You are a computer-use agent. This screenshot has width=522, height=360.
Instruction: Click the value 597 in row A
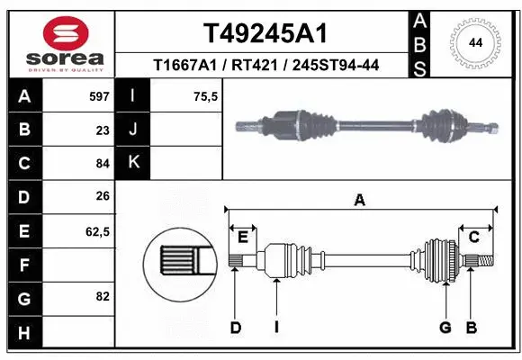(99, 95)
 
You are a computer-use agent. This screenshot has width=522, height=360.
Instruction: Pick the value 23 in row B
(103, 130)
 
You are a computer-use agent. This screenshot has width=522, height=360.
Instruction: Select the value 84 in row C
(103, 164)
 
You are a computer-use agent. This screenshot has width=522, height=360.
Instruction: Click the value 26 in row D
(103, 196)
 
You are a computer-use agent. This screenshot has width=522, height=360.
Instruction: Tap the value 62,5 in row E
(97, 231)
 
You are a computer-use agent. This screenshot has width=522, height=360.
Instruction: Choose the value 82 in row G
(103, 296)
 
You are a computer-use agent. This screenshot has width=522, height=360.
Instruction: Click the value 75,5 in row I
(207, 95)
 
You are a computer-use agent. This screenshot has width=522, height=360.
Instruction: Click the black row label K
(133, 163)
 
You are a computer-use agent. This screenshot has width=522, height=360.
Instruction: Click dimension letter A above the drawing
(360, 201)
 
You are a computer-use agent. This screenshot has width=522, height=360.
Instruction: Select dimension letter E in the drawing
(242, 237)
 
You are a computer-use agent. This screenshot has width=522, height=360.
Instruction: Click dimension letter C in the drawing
(473, 237)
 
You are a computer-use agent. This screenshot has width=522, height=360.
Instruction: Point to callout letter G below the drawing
(445, 328)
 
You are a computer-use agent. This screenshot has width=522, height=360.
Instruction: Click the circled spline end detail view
(179, 262)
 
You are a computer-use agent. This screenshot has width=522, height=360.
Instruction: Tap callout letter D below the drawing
(235, 328)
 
